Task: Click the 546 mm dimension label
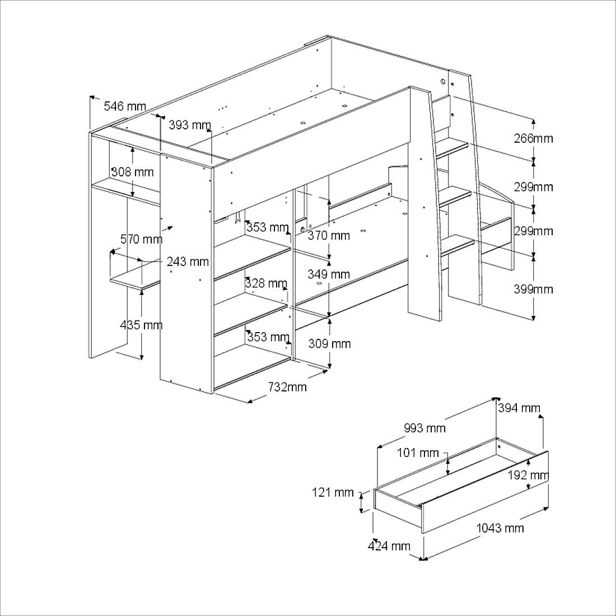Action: click(x=125, y=106)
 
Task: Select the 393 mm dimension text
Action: click(x=190, y=125)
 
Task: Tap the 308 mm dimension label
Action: click(x=132, y=172)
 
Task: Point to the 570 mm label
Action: click(x=141, y=240)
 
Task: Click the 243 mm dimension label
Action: click(x=188, y=262)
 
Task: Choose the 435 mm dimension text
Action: click(x=141, y=325)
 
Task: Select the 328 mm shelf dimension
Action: click(x=265, y=283)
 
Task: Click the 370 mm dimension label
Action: click(x=329, y=236)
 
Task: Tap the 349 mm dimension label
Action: click(x=329, y=274)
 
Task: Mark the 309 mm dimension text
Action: click(x=329, y=344)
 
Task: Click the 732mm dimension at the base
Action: click(x=287, y=387)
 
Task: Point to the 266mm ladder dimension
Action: click(x=533, y=138)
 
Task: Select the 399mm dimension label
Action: click(x=533, y=290)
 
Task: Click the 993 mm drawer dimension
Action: click(x=424, y=428)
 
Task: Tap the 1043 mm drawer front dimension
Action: click(x=500, y=528)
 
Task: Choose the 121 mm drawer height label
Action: click(x=333, y=493)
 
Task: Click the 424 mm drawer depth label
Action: click(x=389, y=546)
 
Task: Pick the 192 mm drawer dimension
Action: click(x=528, y=475)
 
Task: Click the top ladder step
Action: click(x=451, y=148)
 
